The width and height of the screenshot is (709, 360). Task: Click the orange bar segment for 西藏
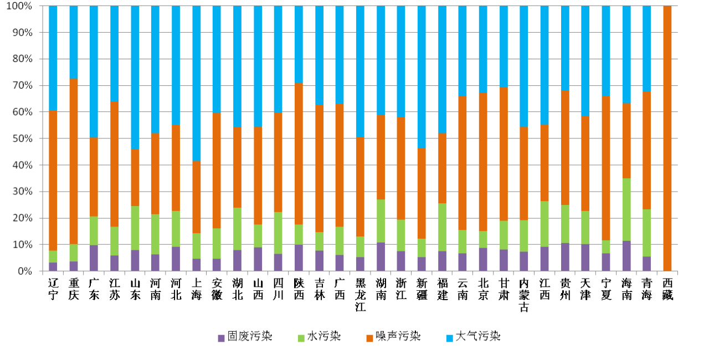click(x=667, y=138)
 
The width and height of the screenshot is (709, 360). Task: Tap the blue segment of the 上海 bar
click(x=197, y=83)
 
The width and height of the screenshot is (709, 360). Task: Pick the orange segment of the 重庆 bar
click(x=74, y=161)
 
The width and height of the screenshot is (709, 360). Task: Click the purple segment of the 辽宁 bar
click(x=53, y=266)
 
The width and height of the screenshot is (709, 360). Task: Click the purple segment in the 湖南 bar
click(x=381, y=256)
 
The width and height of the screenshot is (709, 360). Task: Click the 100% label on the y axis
click(x=19, y=6)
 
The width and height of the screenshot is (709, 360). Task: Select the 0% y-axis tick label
click(x=24, y=271)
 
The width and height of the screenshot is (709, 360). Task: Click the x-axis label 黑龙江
click(x=360, y=293)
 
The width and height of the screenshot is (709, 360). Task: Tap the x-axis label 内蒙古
click(x=524, y=293)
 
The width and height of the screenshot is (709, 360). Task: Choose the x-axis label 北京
click(x=483, y=287)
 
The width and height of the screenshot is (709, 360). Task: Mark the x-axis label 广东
click(x=94, y=287)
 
